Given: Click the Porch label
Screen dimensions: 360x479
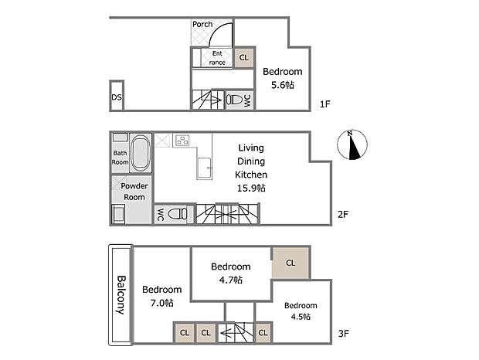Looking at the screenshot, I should click(202, 24).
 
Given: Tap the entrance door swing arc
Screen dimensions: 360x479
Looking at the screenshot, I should click(223, 35).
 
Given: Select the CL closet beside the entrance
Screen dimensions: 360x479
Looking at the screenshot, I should click(244, 58).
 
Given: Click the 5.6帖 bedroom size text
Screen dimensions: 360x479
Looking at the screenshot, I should click(282, 85).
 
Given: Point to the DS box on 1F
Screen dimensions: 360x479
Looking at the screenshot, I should click(116, 97).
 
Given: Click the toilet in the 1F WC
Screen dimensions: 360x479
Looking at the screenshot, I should click(234, 100).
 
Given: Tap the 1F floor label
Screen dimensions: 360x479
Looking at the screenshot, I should click(325, 104).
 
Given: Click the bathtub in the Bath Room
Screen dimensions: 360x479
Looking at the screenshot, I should click(141, 154).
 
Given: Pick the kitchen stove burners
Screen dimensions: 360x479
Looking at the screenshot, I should click(183, 140).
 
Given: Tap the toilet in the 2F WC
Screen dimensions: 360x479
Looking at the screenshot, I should click(178, 214).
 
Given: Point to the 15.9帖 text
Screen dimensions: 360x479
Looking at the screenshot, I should click(250, 188).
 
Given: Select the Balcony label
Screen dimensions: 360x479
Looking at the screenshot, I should click(121, 295).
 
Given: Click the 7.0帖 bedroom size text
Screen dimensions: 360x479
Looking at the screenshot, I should click(161, 303).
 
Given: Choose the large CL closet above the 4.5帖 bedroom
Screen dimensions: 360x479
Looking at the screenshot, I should click(290, 263).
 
